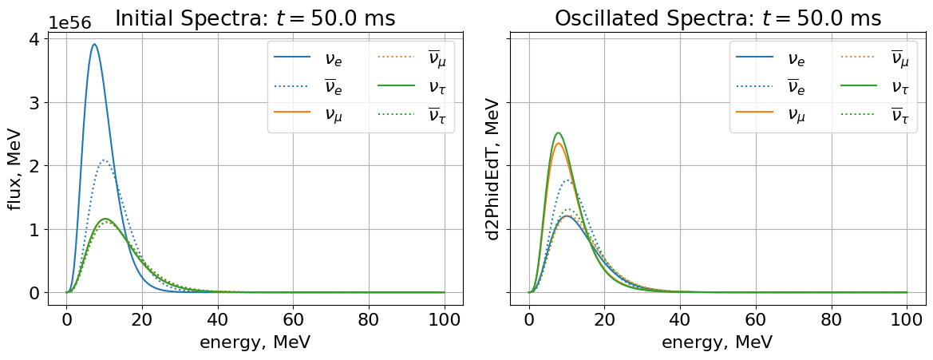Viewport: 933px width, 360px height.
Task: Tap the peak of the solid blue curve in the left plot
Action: pos(94,44)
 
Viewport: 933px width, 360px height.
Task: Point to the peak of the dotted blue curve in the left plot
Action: pos(104,160)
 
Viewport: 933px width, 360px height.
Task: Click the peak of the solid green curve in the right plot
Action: pos(558,133)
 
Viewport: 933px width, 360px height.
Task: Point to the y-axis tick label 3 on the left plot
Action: pos(34,103)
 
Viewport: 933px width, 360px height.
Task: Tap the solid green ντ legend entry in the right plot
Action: pos(871,86)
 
